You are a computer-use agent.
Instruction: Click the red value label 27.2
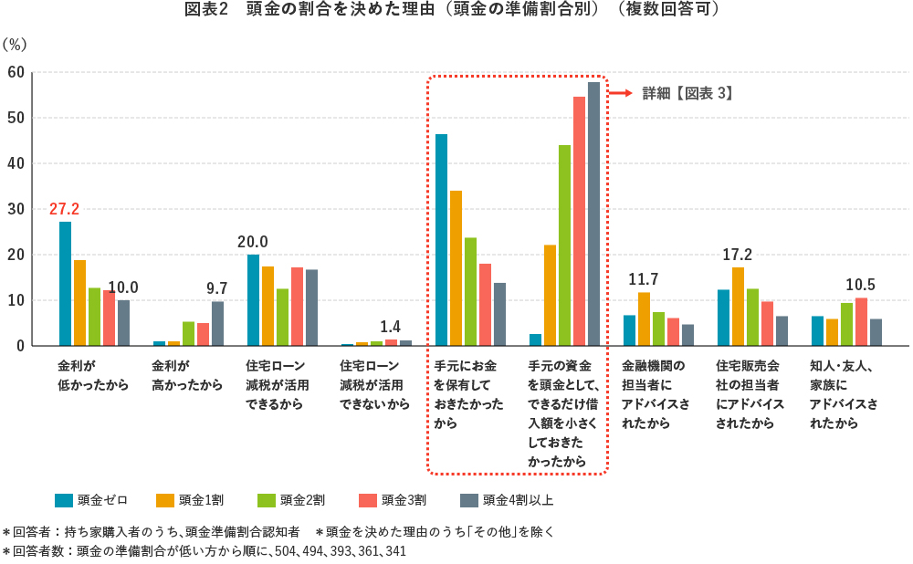65,209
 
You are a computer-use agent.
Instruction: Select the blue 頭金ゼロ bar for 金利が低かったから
65,284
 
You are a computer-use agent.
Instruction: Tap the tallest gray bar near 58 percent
593,214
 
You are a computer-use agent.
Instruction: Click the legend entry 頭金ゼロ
91,499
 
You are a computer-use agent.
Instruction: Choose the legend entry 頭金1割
191,499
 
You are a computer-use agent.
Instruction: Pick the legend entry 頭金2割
292,499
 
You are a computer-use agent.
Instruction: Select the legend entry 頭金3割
394,499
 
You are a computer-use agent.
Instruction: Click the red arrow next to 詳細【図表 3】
621,93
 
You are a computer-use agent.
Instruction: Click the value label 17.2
738,254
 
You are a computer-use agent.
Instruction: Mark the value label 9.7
217,287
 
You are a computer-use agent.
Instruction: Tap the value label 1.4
391,326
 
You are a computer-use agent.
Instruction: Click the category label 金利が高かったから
187,374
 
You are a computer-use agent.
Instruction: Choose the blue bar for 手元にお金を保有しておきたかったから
441,240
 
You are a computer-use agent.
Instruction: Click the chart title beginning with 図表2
456,10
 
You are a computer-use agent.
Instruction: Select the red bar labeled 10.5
861,322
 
